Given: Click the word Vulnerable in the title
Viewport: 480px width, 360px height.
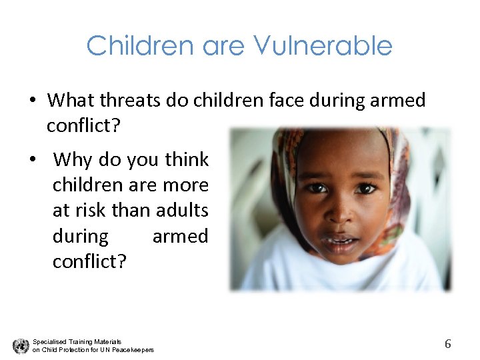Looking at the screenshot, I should (323, 46).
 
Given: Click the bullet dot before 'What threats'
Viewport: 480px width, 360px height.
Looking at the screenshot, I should (32, 101).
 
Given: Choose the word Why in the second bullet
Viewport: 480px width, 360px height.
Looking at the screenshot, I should (73, 160).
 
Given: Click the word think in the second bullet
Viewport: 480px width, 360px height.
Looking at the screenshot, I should (187, 160).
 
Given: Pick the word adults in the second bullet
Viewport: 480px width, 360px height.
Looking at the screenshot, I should (181, 211).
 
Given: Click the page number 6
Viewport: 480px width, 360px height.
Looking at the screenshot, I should (448, 344).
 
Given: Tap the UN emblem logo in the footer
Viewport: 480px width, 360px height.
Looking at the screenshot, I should (21, 345).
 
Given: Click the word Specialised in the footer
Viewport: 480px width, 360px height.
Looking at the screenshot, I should (49, 341).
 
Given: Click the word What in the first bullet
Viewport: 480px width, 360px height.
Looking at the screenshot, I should (71, 101).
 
